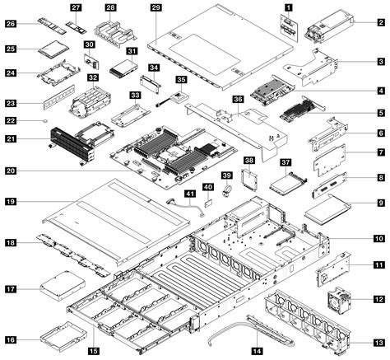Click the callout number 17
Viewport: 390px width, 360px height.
(x=12, y=289)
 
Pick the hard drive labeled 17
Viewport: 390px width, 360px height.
(x=58, y=291)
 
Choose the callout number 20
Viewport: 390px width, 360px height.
(x=12, y=171)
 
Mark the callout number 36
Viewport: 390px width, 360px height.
(x=239, y=99)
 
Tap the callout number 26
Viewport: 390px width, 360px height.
(x=12, y=24)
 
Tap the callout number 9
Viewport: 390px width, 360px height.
(x=381, y=203)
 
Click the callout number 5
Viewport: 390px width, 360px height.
(x=381, y=111)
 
